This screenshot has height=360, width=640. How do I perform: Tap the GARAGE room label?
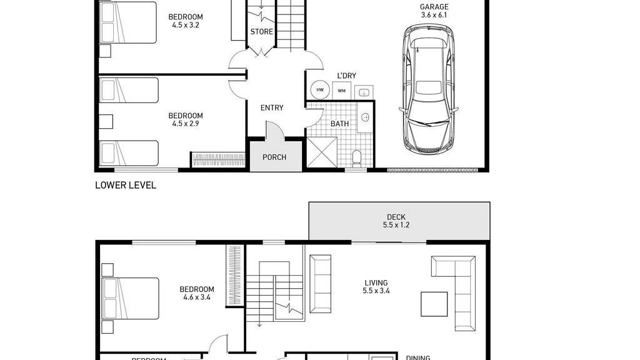tap(434, 7)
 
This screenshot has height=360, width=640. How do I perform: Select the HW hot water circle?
tap(320, 90)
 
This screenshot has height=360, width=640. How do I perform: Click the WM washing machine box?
tap(341, 91)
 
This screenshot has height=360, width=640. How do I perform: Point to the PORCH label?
tap(274, 157)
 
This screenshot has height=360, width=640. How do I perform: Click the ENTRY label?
tap(272, 108)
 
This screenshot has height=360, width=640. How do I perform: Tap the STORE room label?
tap(261, 32)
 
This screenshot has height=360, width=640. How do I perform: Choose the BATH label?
tap(340, 124)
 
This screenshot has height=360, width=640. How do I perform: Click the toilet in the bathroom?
tap(357, 157)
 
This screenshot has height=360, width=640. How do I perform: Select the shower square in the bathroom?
tap(322, 152)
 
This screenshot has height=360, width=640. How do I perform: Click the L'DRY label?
tap(346, 76)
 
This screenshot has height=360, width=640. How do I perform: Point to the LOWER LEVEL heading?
tap(126, 186)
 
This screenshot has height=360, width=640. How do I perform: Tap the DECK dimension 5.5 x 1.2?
tap(396, 226)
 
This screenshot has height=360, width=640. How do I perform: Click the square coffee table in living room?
tap(434, 304)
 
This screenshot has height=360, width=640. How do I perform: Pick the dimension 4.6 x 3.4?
tap(197, 298)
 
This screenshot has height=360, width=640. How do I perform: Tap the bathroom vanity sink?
tap(366, 117)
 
